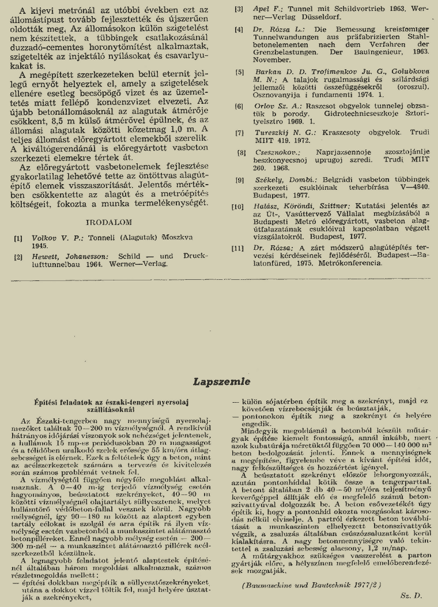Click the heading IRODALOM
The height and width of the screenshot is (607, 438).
(109, 221)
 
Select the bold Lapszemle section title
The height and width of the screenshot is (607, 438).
(222, 381)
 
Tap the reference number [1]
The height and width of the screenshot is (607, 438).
(19, 237)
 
